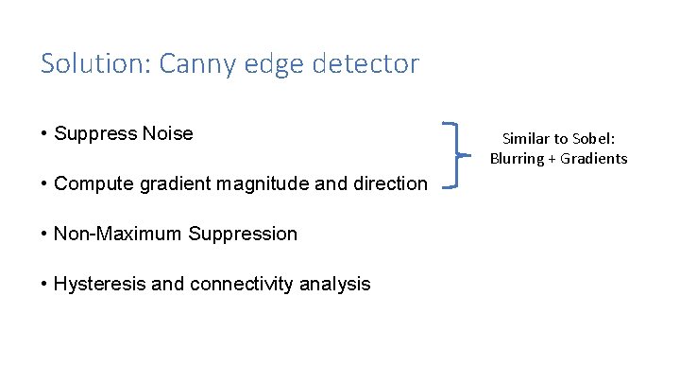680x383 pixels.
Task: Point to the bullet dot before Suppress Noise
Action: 44,134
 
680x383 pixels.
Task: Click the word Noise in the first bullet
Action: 167,133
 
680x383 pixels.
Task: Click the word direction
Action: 389,183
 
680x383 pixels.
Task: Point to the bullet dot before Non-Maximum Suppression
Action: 44,235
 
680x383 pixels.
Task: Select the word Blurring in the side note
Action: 517,158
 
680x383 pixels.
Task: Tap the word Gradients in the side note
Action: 593,158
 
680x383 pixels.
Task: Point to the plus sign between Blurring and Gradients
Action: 552,158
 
